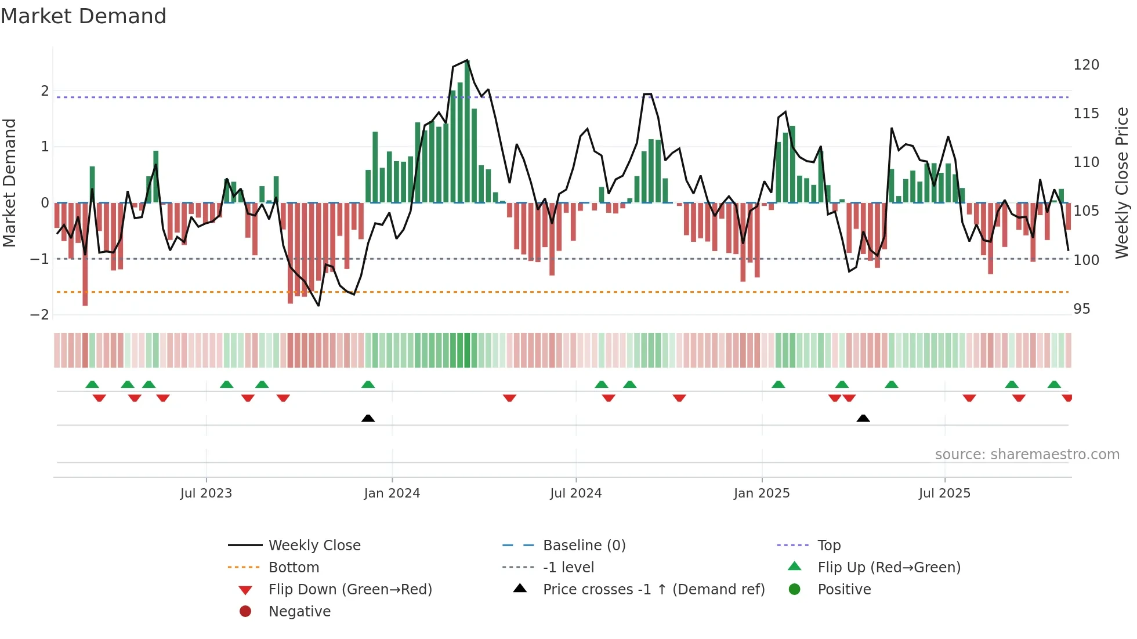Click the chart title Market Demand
(x=84, y=16)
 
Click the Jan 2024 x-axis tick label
(x=392, y=493)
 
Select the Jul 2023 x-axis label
(x=206, y=493)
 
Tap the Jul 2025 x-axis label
(x=944, y=493)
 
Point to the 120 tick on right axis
(x=1086, y=65)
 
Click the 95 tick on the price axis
(x=1081, y=309)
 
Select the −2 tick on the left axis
(x=40, y=315)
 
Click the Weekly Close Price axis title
(x=1122, y=183)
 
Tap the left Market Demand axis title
(x=10, y=183)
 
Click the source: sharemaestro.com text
(x=1027, y=455)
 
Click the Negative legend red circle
(x=245, y=612)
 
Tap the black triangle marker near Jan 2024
(x=368, y=418)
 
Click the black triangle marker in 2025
(x=863, y=418)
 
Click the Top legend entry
(x=828, y=546)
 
